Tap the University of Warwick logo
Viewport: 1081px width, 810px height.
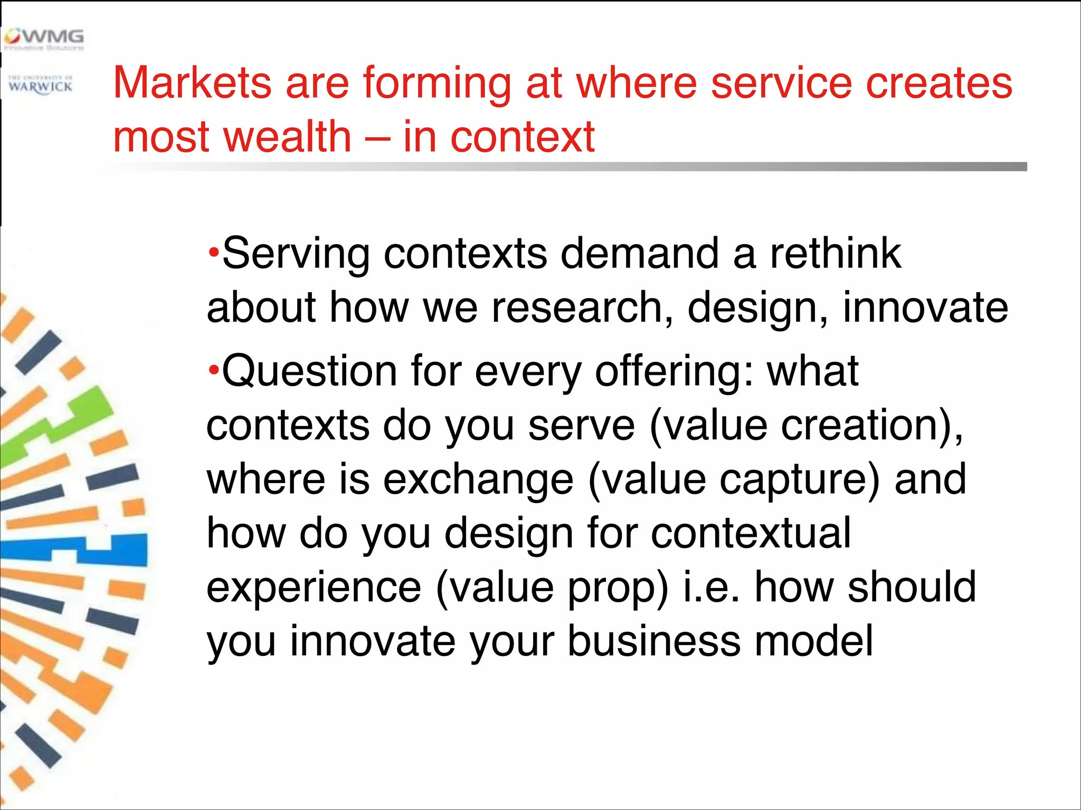coord(41,85)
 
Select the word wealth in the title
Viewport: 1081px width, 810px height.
coord(287,137)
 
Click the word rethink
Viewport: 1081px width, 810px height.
coord(836,253)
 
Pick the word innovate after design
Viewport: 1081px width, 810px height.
coord(925,308)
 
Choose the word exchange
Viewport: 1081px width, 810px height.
coord(478,480)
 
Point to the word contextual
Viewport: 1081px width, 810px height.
coord(751,534)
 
